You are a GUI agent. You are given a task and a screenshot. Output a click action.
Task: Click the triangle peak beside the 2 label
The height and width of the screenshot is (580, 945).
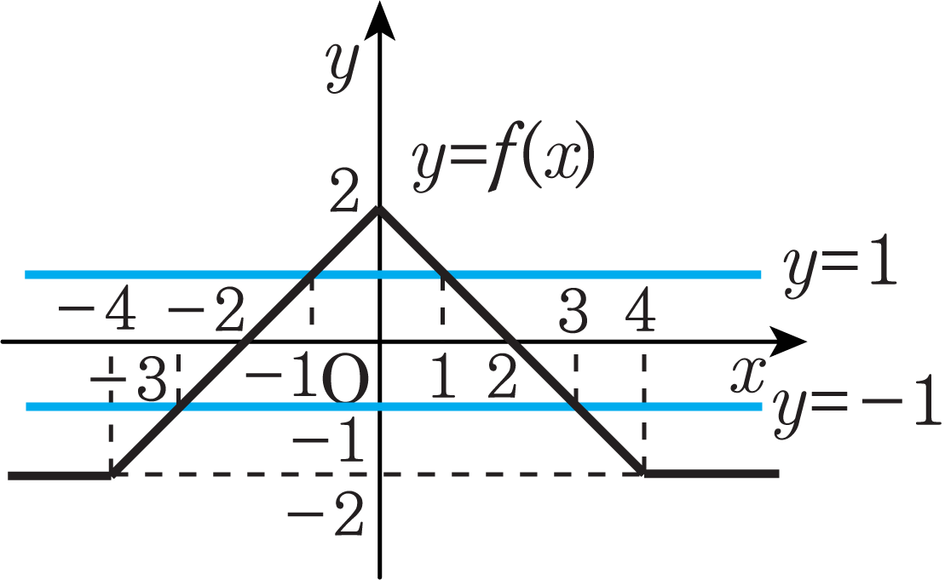(379, 209)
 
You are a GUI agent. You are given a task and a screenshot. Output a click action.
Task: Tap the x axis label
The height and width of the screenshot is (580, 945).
(748, 375)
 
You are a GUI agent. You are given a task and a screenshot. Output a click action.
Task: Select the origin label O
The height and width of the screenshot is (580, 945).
(345, 381)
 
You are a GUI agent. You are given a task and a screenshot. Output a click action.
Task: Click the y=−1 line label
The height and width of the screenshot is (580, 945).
(857, 407)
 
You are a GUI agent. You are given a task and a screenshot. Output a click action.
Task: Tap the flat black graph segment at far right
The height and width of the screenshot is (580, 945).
(712, 474)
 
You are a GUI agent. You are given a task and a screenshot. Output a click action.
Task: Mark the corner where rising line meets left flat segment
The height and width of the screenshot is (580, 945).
(111, 474)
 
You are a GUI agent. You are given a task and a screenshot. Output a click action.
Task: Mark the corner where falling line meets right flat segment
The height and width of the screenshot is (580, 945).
(644, 473)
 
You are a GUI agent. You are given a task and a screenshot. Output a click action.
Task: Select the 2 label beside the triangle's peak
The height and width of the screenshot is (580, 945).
(344, 195)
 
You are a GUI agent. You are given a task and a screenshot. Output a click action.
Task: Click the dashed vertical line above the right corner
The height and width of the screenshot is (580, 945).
(642, 409)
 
